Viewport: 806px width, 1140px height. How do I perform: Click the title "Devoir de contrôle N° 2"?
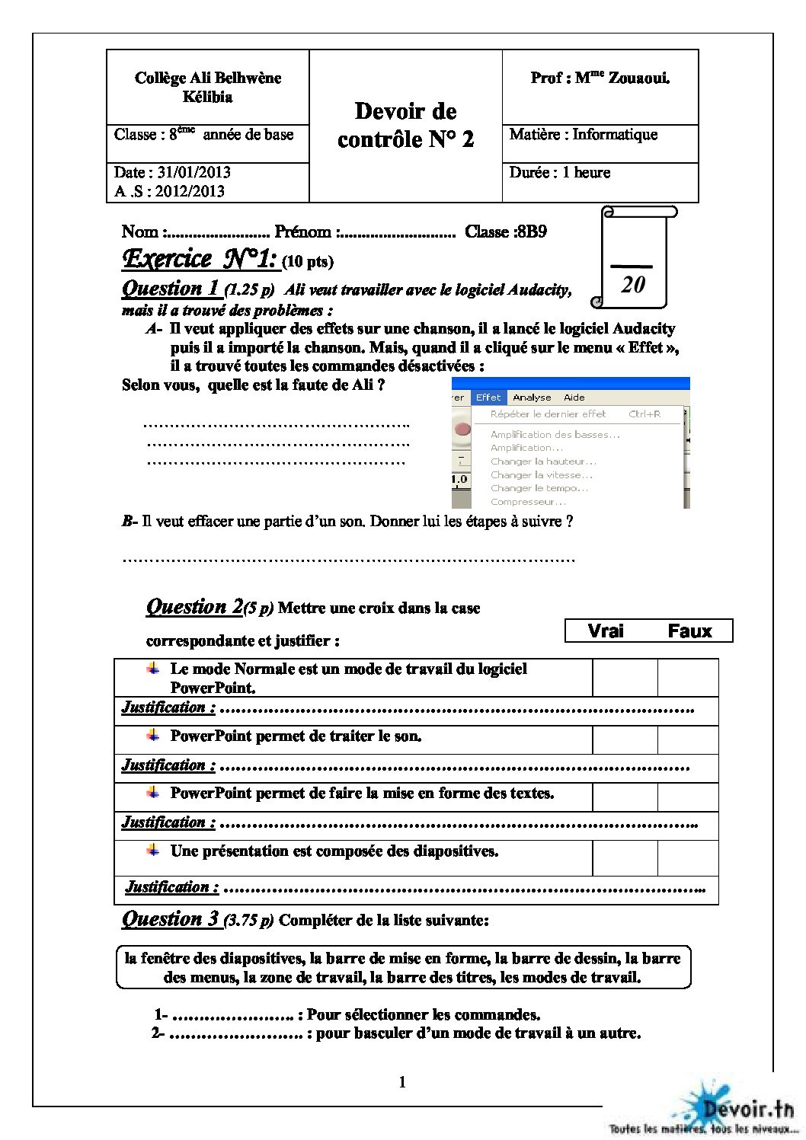(405, 125)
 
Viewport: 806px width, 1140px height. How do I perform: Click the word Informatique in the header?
(615, 135)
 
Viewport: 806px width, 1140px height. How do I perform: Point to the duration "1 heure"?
(586, 173)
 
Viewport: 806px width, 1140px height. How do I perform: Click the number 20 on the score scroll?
(632, 285)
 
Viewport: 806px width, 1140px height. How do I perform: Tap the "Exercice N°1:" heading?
(200, 260)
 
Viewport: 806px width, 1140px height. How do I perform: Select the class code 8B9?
(530, 232)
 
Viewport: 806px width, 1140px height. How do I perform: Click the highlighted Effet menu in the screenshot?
(488, 398)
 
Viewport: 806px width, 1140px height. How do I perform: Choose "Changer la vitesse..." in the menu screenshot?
(541, 475)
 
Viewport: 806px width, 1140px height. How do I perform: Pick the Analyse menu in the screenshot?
(532, 398)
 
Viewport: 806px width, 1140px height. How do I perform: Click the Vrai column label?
(606, 631)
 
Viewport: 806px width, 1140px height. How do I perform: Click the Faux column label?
(689, 631)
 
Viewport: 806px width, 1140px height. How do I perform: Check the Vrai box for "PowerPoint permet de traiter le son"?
(625, 739)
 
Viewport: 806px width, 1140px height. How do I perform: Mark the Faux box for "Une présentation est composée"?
(687, 857)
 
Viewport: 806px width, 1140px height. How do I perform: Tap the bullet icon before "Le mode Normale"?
(154, 668)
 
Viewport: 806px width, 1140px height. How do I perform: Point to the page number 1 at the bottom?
(402, 1082)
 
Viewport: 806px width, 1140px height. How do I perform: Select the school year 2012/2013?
(190, 191)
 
